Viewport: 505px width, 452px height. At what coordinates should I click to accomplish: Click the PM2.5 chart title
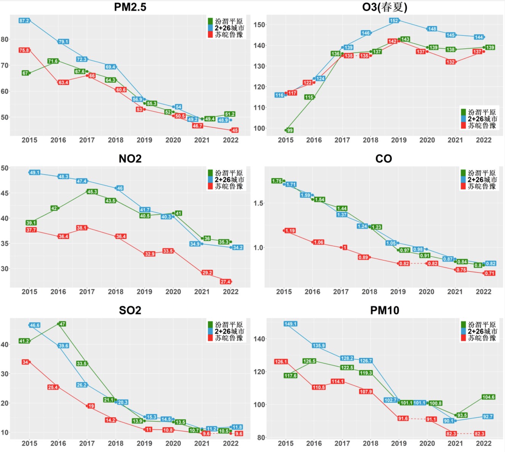(130, 7)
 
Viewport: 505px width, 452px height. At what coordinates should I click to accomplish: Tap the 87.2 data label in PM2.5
(24, 21)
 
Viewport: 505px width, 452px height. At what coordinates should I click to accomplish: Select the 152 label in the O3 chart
(394, 21)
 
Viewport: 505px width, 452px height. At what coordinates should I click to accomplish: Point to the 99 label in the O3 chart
(290, 130)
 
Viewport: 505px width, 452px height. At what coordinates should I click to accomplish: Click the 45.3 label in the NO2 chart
(92, 192)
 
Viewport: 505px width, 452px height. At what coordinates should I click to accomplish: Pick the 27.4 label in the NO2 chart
(225, 282)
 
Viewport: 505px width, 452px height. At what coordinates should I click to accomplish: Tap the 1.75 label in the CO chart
(277, 181)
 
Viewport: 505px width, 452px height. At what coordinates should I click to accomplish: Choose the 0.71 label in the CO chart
(490, 273)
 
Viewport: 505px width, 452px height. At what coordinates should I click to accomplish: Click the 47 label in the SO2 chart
(63, 324)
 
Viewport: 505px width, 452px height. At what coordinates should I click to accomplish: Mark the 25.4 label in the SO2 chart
(53, 387)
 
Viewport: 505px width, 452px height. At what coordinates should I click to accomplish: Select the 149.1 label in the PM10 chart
(290, 324)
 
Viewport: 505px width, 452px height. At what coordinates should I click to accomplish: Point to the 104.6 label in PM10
(489, 397)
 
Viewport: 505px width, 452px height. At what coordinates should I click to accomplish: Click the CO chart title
(383, 159)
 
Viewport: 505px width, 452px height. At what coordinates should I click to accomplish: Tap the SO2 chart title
(130, 311)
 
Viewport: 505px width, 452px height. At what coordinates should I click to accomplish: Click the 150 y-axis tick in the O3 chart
(259, 25)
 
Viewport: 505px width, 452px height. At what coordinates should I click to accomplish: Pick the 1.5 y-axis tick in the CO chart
(258, 203)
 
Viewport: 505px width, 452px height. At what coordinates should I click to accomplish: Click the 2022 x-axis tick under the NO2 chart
(231, 292)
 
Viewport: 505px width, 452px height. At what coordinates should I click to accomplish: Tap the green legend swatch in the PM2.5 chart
(210, 21)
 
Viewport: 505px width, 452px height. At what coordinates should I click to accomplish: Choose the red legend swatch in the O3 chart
(463, 125)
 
